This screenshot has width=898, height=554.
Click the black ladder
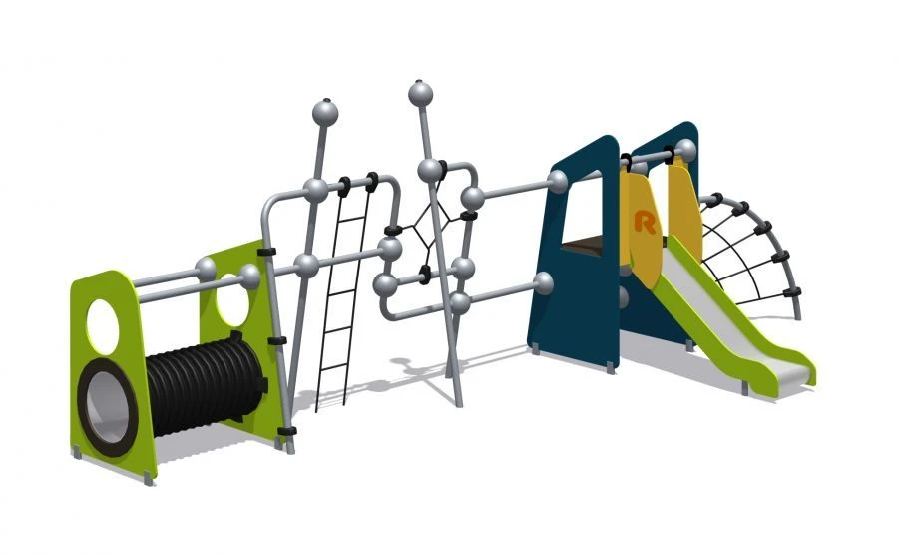[x=340, y=299]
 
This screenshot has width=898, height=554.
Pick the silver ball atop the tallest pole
[x=421, y=94]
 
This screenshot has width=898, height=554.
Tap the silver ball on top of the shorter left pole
[x=324, y=111]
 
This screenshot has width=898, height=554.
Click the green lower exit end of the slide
[x=798, y=369]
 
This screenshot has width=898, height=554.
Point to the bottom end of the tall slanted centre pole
[x=458, y=402]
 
